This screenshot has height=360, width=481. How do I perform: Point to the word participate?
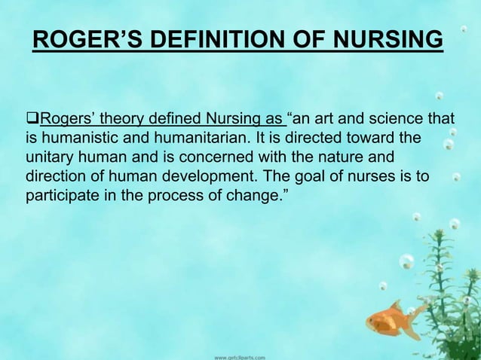(x=59, y=199)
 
